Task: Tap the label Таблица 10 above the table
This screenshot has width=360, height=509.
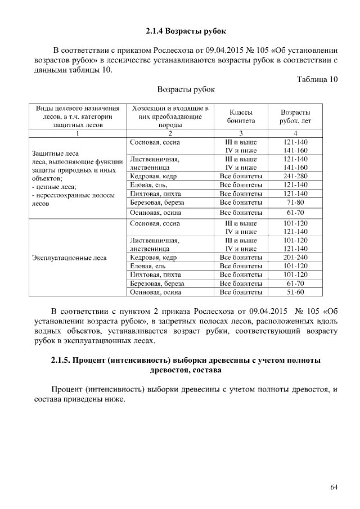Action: point(317,79)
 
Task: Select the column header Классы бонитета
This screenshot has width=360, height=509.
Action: point(241,116)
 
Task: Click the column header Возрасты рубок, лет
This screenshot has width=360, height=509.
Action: point(295,116)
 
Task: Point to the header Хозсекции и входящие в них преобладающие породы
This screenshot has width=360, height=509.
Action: point(170,116)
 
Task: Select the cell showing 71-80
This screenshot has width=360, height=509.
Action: point(295,202)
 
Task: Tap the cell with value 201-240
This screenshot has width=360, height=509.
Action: point(295,257)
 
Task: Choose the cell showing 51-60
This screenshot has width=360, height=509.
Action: point(295,292)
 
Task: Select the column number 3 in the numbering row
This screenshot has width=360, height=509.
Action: point(241,133)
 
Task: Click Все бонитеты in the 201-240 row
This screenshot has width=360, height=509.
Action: point(241,257)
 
